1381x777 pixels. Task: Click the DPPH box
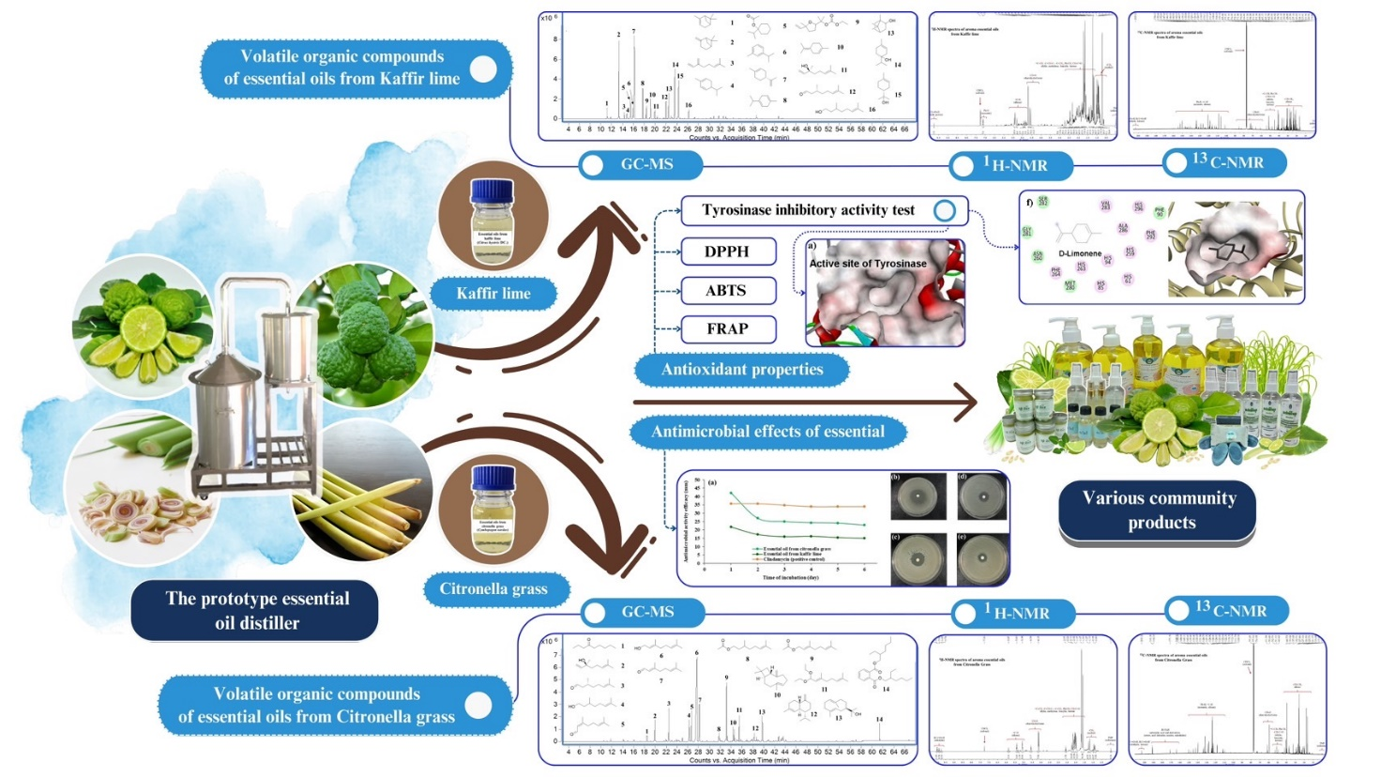727,251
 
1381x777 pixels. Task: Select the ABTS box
727,291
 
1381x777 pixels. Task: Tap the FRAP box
727,329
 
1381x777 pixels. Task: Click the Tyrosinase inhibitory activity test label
808,210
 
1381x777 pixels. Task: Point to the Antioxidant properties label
742,370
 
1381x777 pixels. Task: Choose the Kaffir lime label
493,294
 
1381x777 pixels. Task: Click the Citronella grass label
493,589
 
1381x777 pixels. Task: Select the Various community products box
1160,510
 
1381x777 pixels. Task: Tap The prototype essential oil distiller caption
256,611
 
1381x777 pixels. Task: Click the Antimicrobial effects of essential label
767,432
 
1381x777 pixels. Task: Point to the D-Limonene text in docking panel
1080,253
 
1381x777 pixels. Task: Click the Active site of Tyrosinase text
868,264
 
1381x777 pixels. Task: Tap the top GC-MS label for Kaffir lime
646,164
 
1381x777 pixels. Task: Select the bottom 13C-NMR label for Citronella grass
1230,611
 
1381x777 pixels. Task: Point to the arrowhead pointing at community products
968,403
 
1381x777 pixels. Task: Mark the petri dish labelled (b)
918,495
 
